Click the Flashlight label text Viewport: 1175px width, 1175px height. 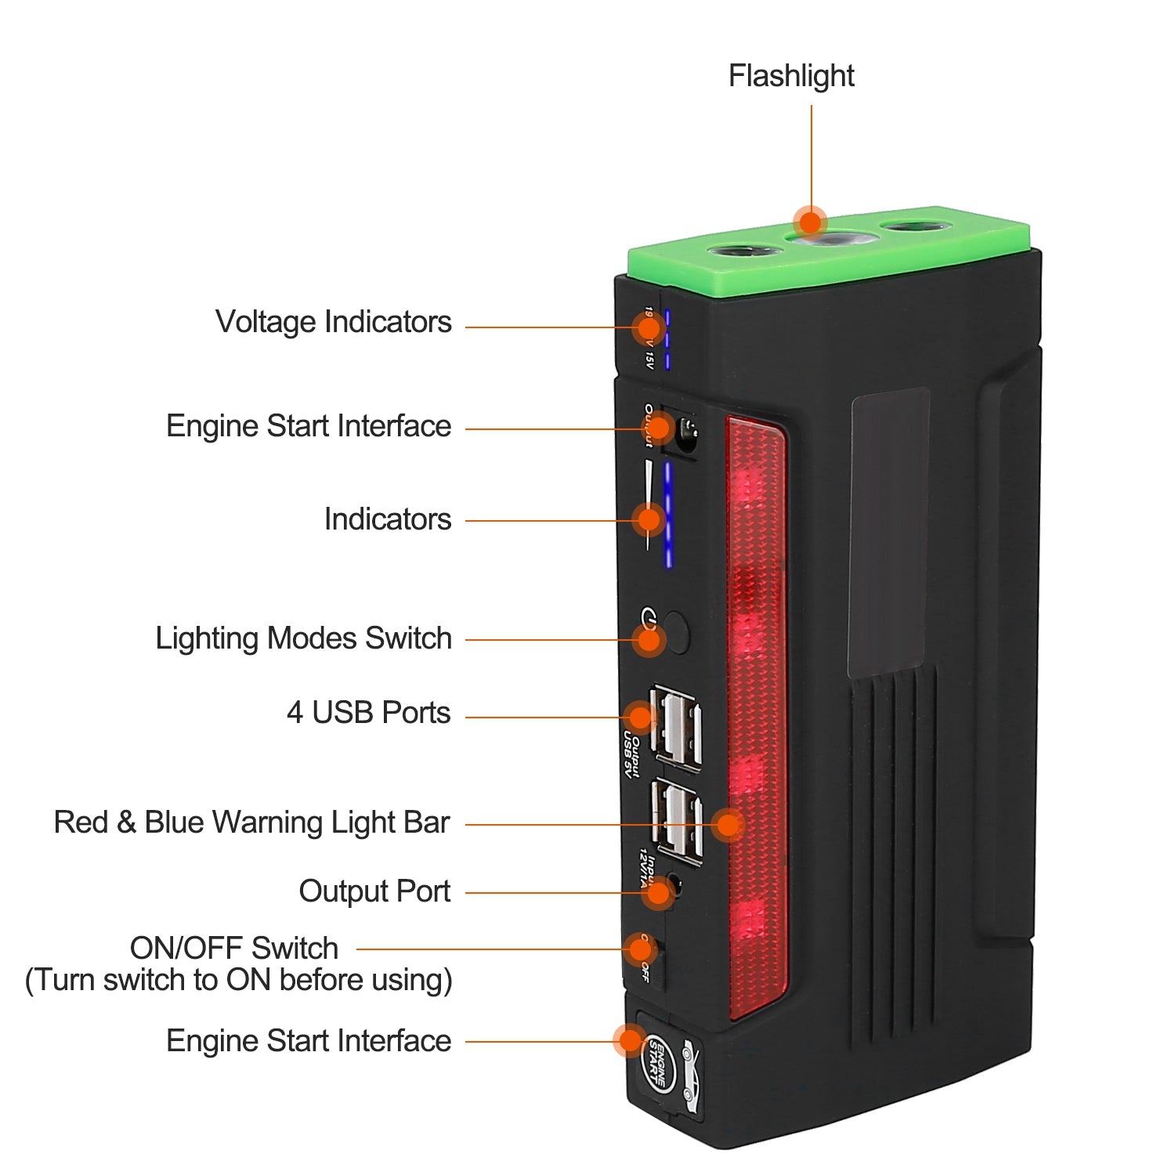790,76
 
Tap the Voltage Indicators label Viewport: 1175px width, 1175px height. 333,322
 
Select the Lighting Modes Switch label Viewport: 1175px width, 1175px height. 303,638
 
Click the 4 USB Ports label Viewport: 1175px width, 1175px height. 368,713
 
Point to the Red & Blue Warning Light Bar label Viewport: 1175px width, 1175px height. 251,822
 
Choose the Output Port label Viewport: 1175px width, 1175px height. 374,891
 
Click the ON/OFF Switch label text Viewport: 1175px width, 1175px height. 233,948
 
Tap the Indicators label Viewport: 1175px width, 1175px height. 387,519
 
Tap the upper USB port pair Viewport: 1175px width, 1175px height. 677,728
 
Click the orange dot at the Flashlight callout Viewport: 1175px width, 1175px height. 810,222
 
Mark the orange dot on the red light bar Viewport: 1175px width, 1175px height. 728,824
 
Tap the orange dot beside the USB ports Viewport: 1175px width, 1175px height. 640,717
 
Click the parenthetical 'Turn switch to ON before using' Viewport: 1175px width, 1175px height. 239,980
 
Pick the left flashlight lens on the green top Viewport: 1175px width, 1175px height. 744,254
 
